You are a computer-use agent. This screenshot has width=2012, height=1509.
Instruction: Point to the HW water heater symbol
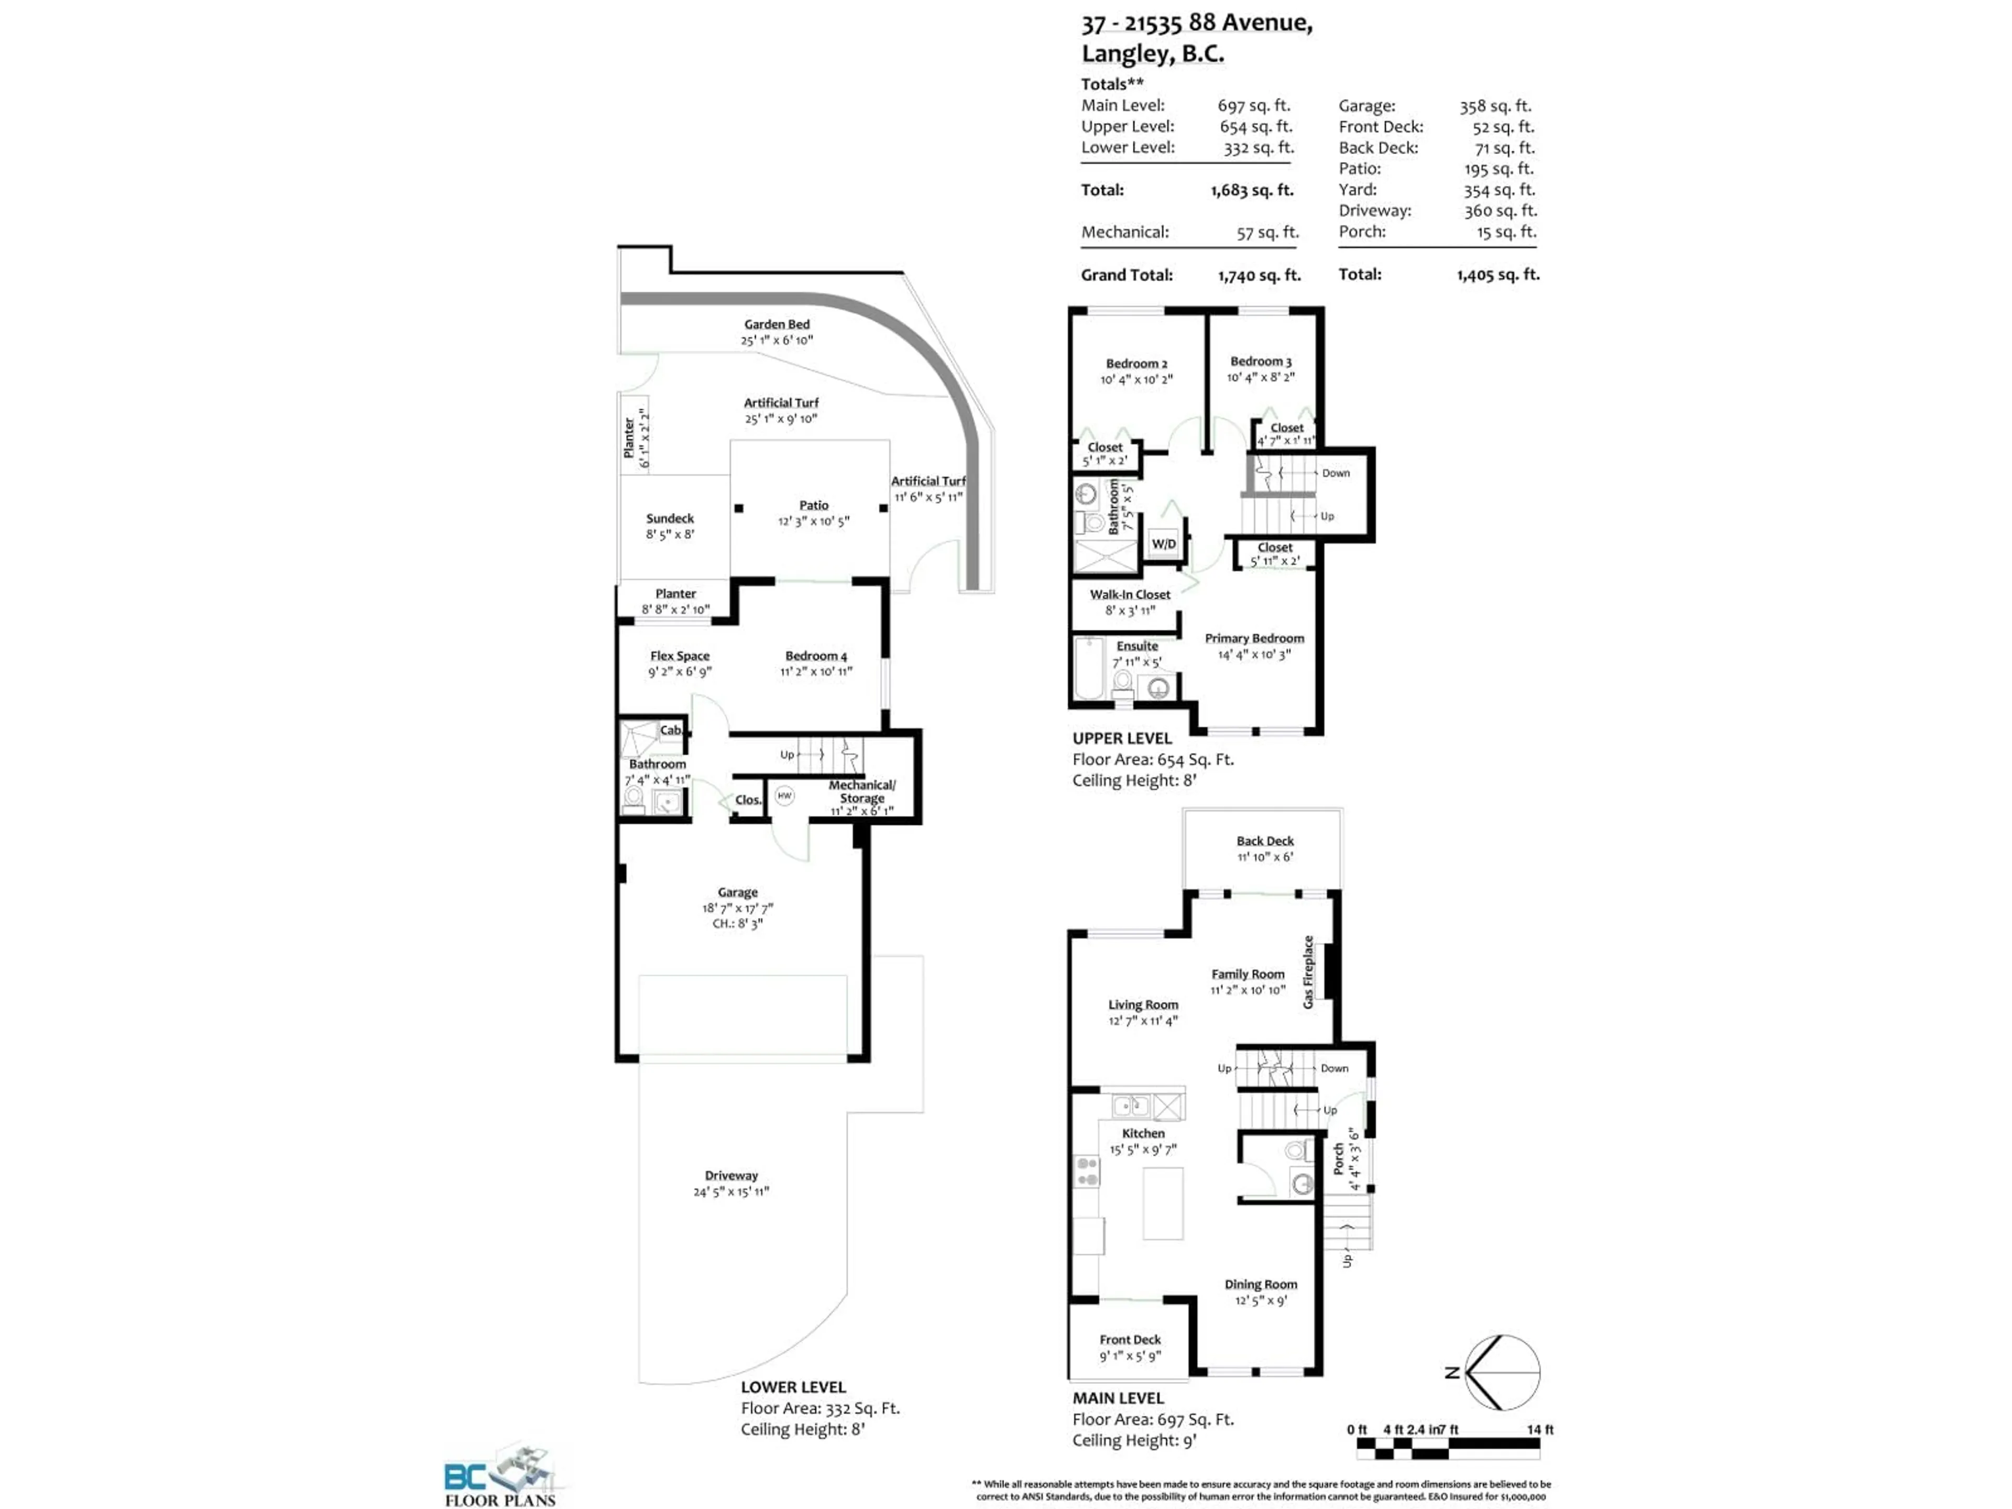(784, 796)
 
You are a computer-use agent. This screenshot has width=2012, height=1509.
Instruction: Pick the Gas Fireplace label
(1308, 971)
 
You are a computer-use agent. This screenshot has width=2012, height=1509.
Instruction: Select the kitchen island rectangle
(1163, 1204)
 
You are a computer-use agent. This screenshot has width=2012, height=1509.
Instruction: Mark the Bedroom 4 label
(816, 656)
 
